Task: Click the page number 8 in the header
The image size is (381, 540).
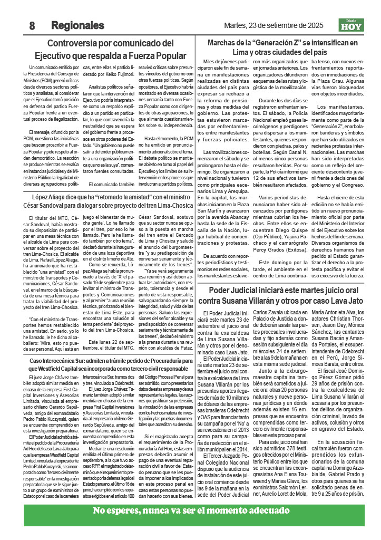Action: point(32,25)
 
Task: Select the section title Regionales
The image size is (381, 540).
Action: point(77,25)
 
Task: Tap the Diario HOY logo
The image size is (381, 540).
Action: point(351,24)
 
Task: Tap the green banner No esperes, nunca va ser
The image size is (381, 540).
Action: point(190,510)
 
